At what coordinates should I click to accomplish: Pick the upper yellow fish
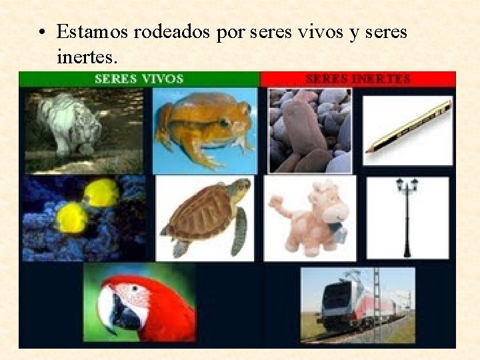102,193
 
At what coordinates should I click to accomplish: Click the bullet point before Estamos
42,33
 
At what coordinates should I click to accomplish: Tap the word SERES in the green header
116,79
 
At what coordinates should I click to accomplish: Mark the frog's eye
223,123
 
